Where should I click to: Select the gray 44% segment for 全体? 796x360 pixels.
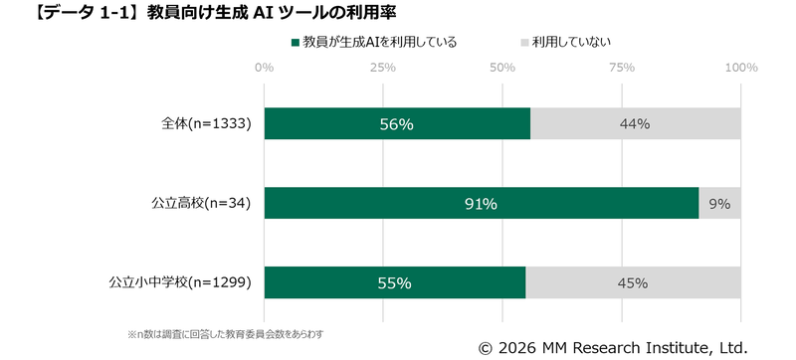click(x=635, y=124)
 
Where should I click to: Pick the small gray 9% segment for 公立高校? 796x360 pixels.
click(x=719, y=203)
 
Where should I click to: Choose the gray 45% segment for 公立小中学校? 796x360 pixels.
click(x=633, y=282)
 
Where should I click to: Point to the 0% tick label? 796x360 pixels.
click(x=264, y=68)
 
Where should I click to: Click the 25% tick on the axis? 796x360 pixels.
click(x=383, y=68)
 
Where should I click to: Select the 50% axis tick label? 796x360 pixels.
click(x=502, y=68)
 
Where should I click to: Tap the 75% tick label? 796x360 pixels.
click(x=622, y=68)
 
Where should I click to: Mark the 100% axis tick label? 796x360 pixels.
click(x=740, y=68)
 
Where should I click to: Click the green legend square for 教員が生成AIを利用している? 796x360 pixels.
click(x=295, y=43)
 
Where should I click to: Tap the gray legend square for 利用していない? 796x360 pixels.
click(x=524, y=43)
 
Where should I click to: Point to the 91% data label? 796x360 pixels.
click(x=482, y=204)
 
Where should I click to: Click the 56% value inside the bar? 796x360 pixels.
click(x=396, y=124)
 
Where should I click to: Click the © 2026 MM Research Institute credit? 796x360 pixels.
click(x=612, y=347)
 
